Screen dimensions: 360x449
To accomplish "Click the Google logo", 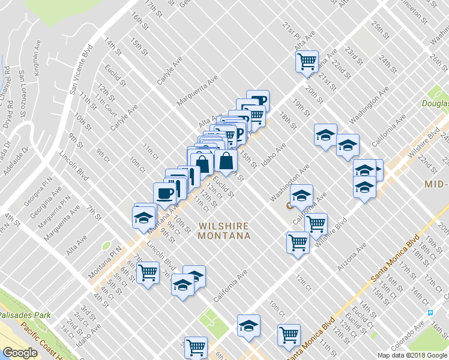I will tap(20, 353).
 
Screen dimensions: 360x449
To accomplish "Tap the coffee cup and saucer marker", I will tap(164, 193).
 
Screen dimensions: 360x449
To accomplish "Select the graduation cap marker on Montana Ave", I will tap(143, 217).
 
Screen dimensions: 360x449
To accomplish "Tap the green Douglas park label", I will tap(436, 104).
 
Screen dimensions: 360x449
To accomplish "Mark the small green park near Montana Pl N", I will tap(106, 245).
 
